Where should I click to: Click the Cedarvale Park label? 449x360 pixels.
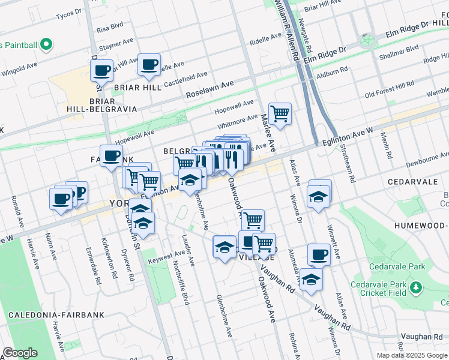pos(397,266)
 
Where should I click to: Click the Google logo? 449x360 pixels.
pos(20,353)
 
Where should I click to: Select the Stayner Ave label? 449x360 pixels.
pos(116,44)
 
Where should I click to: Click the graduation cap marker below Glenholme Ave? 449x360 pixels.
pos(224,247)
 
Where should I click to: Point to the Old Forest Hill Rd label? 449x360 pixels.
pos(390,93)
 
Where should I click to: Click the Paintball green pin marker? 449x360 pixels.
pos(46,44)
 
